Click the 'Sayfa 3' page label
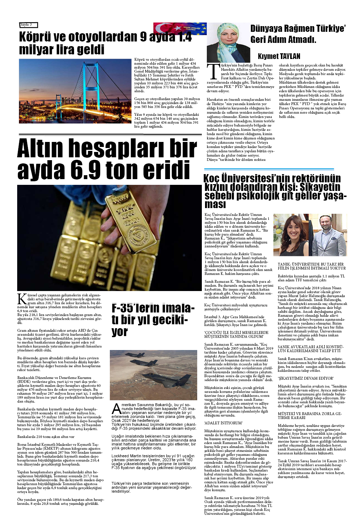tap(28, 25)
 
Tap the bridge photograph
tap(75, 91)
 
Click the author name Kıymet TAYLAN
tap(279, 56)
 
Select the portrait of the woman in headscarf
tap(228, 43)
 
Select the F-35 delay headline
tap(153, 320)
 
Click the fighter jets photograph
tap(153, 373)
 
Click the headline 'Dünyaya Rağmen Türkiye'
tap(298, 34)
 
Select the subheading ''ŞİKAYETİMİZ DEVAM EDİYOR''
tap(306, 378)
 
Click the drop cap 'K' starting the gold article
tap(22, 299)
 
